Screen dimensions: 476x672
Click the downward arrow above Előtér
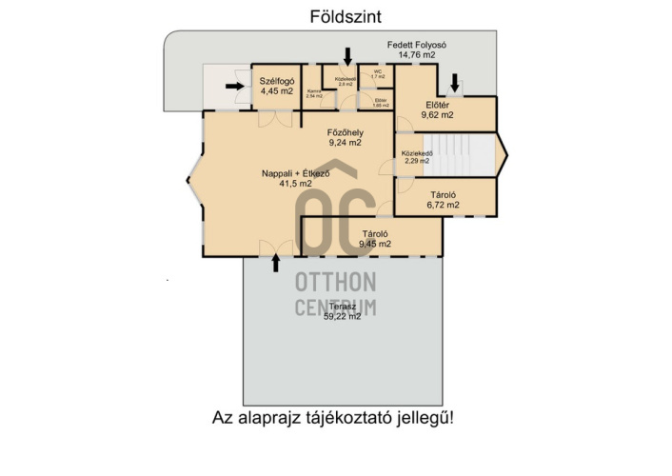coord(455,84)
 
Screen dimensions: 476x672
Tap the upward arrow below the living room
coord(277,262)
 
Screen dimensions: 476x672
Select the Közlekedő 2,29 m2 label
coord(418,157)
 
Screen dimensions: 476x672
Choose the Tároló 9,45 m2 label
coord(374,238)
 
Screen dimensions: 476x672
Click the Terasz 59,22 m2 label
coord(342,311)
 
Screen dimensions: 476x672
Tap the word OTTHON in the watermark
coord(336,283)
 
